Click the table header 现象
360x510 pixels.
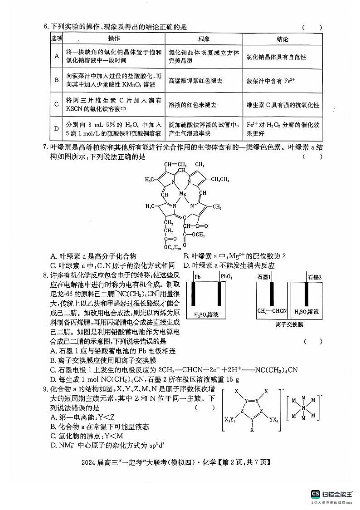[x=204, y=39]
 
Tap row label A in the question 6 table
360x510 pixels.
[x=57, y=56]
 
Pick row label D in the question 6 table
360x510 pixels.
[x=57, y=129]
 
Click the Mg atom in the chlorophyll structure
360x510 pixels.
[x=183, y=194]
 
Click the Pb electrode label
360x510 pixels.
[x=197, y=277]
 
